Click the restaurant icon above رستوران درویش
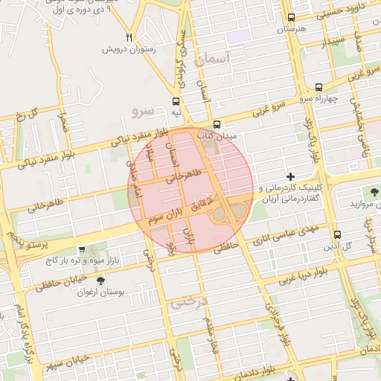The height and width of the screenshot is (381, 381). (x=129, y=37)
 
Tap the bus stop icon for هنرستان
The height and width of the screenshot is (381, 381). (x=290, y=18)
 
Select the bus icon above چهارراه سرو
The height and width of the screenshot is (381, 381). (x=318, y=86)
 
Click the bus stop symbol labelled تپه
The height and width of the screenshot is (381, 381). (x=176, y=101)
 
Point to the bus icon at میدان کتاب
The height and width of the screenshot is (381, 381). (x=217, y=124)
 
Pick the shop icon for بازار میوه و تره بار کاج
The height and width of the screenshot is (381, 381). (x=81, y=250)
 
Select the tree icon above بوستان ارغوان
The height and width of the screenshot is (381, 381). (x=100, y=281)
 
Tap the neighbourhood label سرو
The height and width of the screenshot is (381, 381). (x=141, y=112)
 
